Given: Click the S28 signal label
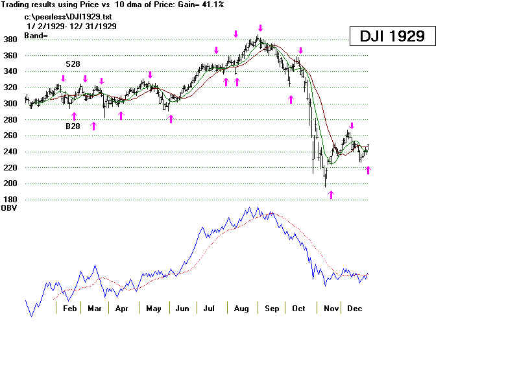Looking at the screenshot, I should coord(73,65).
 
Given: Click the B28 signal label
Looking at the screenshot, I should coord(73,126).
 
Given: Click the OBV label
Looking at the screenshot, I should coord(9,208).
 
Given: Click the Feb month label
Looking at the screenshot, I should coord(69,309).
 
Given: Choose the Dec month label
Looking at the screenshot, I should coord(354,309).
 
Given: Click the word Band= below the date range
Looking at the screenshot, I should coord(38,35).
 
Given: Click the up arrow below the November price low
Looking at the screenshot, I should coord(331,194).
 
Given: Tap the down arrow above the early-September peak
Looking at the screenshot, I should coord(260,29).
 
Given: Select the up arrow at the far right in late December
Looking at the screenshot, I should coord(368,170).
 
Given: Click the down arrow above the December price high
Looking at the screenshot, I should coord(352,126).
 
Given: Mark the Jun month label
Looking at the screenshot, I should coord(182,309).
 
